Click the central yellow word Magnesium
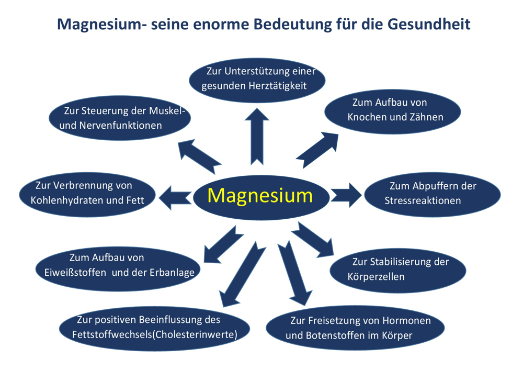pos(260,196)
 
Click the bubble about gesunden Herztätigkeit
pos(257,79)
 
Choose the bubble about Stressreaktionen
pos(431,193)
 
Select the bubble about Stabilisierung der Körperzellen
pos(397,269)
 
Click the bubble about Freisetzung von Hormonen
pos(356,328)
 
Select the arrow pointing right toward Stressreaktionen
pos(346,195)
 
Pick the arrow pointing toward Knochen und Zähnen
pos(317,149)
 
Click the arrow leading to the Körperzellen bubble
pos(313,240)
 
